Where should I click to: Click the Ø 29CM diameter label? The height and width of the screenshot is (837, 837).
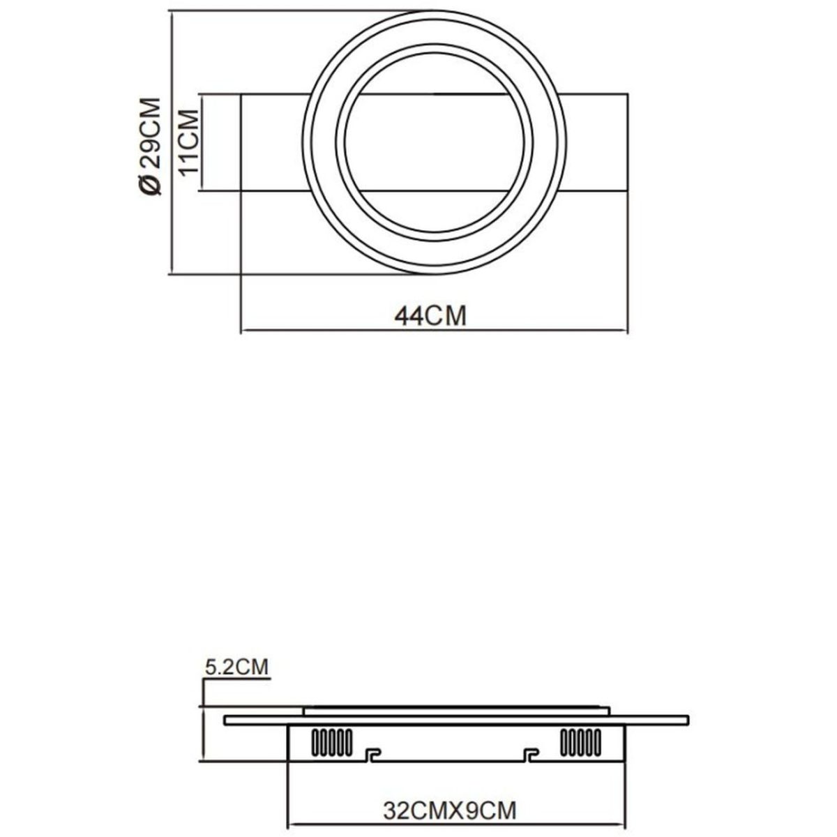click(151, 146)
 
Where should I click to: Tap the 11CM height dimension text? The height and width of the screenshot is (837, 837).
click(189, 142)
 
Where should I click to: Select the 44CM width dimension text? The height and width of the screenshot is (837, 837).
click(430, 316)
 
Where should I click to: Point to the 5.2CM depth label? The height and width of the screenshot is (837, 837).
click(236, 668)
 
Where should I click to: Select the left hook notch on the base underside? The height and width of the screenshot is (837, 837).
click(373, 754)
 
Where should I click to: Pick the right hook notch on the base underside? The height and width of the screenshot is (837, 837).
click(531, 754)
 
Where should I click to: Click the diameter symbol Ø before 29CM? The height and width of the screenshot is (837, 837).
click(151, 185)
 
